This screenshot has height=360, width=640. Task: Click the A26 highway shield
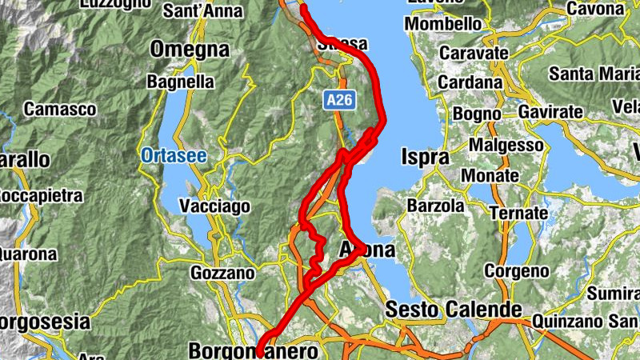(339, 101)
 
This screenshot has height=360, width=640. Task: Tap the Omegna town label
(190, 50)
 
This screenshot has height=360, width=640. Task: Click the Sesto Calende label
(454, 309)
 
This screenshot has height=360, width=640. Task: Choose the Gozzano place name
(222, 274)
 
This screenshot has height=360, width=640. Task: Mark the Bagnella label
(181, 82)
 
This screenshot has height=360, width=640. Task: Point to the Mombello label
(445, 24)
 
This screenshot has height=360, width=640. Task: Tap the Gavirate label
(551, 113)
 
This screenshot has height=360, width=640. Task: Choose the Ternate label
(520, 214)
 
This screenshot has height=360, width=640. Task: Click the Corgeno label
(512, 271)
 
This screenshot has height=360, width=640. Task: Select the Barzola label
(435, 206)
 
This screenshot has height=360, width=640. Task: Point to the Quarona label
(28, 254)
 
